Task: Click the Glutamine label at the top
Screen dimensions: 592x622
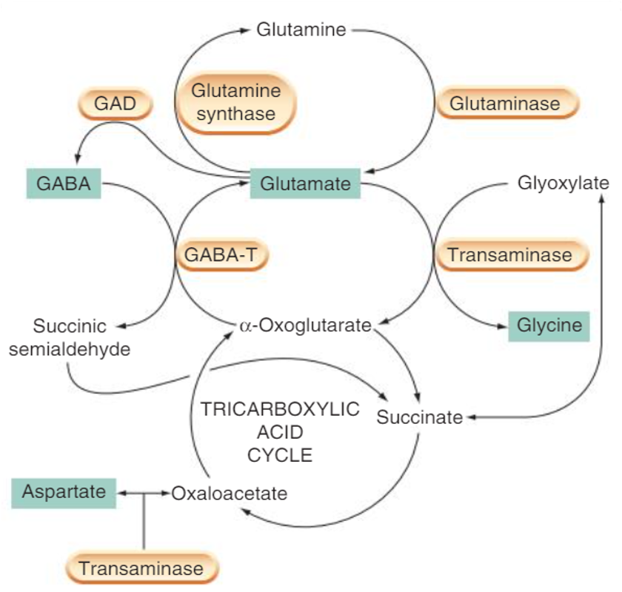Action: coord(301,30)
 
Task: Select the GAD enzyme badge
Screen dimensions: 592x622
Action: coord(116,104)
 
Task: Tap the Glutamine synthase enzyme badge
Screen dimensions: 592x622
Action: coord(236,102)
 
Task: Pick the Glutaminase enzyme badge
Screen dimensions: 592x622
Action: coord(505,104)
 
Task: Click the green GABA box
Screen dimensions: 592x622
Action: coord(63,183)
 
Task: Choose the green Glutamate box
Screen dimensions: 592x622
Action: coord(305,184)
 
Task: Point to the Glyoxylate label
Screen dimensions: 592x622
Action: coord(564,183)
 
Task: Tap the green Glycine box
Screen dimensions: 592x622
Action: coord(549,326)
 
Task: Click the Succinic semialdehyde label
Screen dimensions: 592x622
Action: coord(70,337)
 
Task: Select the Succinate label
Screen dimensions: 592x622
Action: coord(420,417)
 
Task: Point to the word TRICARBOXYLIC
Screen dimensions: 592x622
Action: coord(280,409)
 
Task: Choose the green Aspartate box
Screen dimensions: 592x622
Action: coord(64,491)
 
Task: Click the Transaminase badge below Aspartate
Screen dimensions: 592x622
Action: coord(141,568)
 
